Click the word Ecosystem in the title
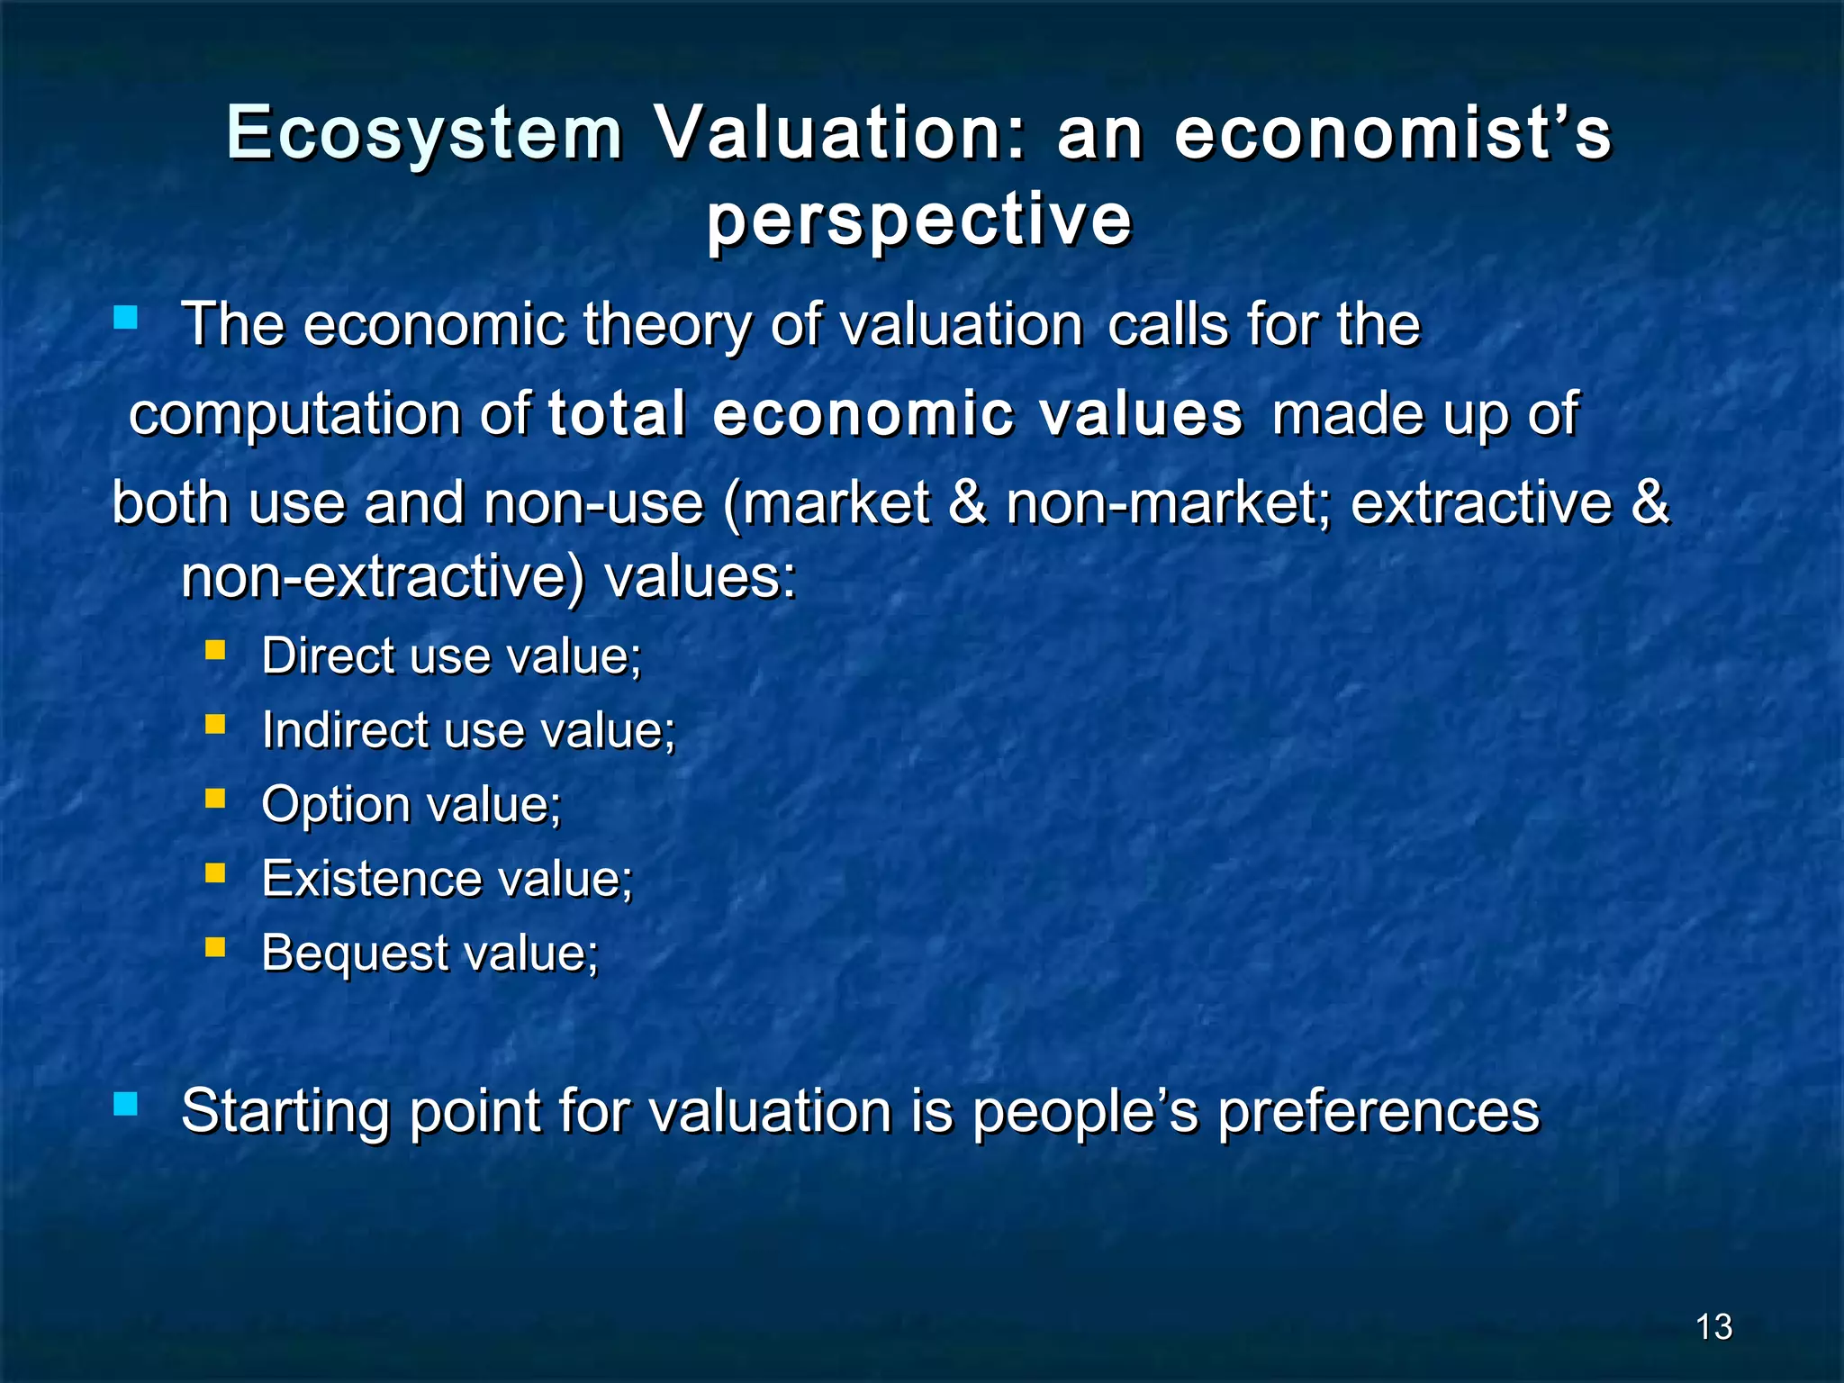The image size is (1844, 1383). (x=424, y=133)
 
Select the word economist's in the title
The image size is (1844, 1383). (x=1392, y=133)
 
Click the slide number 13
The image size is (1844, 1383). (x=1713, y=1327)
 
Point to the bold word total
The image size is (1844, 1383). (x=617, y=414)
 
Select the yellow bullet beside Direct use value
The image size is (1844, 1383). (x=215, y=650)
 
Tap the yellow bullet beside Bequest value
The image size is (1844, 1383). (x=215, y=947)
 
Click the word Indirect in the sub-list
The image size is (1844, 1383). (x=345, y=729)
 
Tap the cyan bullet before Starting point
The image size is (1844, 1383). (x=125, y=1105)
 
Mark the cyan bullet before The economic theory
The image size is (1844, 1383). (x=125, y=317)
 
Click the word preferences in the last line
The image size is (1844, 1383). (x=1378, y=1112)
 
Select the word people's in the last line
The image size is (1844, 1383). (x=1085, y=1112)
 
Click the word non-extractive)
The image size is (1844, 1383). (x=383, y=577)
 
